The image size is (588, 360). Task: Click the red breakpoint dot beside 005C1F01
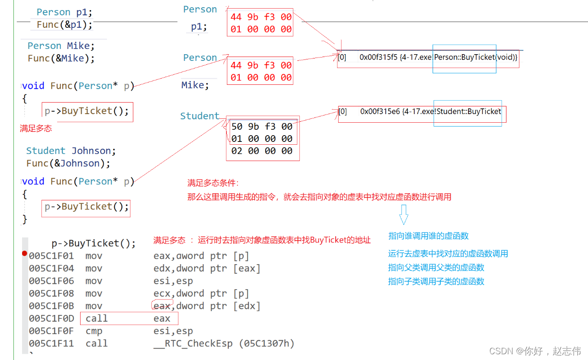point(24,253)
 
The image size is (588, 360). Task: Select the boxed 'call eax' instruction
point(129,319)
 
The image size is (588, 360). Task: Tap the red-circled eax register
point(162,306)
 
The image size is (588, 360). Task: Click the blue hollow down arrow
point(403,214)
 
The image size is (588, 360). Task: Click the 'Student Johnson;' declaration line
point(71,151)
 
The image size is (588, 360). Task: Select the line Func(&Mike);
point(61,58)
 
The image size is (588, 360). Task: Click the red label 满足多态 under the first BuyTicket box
point(36,128)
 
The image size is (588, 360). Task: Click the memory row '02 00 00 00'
point(261,151)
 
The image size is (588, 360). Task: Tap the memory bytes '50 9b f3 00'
point(261,127)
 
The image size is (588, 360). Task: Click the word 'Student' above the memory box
point(200,116)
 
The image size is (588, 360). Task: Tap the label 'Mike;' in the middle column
point(195,85)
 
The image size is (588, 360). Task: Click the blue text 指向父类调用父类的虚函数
point(436,267)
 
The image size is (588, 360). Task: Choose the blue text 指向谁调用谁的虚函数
point(428,236)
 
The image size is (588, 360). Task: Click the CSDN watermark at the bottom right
point(537,351)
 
